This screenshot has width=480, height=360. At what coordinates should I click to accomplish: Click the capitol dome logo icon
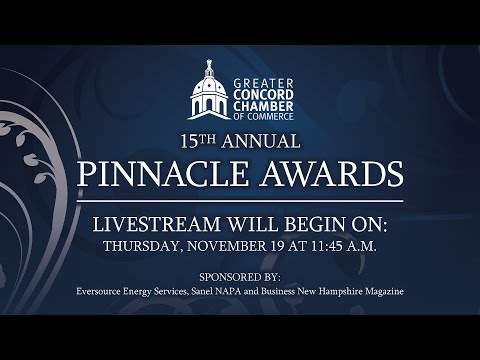(209, 91)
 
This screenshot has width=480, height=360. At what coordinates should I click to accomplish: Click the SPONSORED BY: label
(240, 275)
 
